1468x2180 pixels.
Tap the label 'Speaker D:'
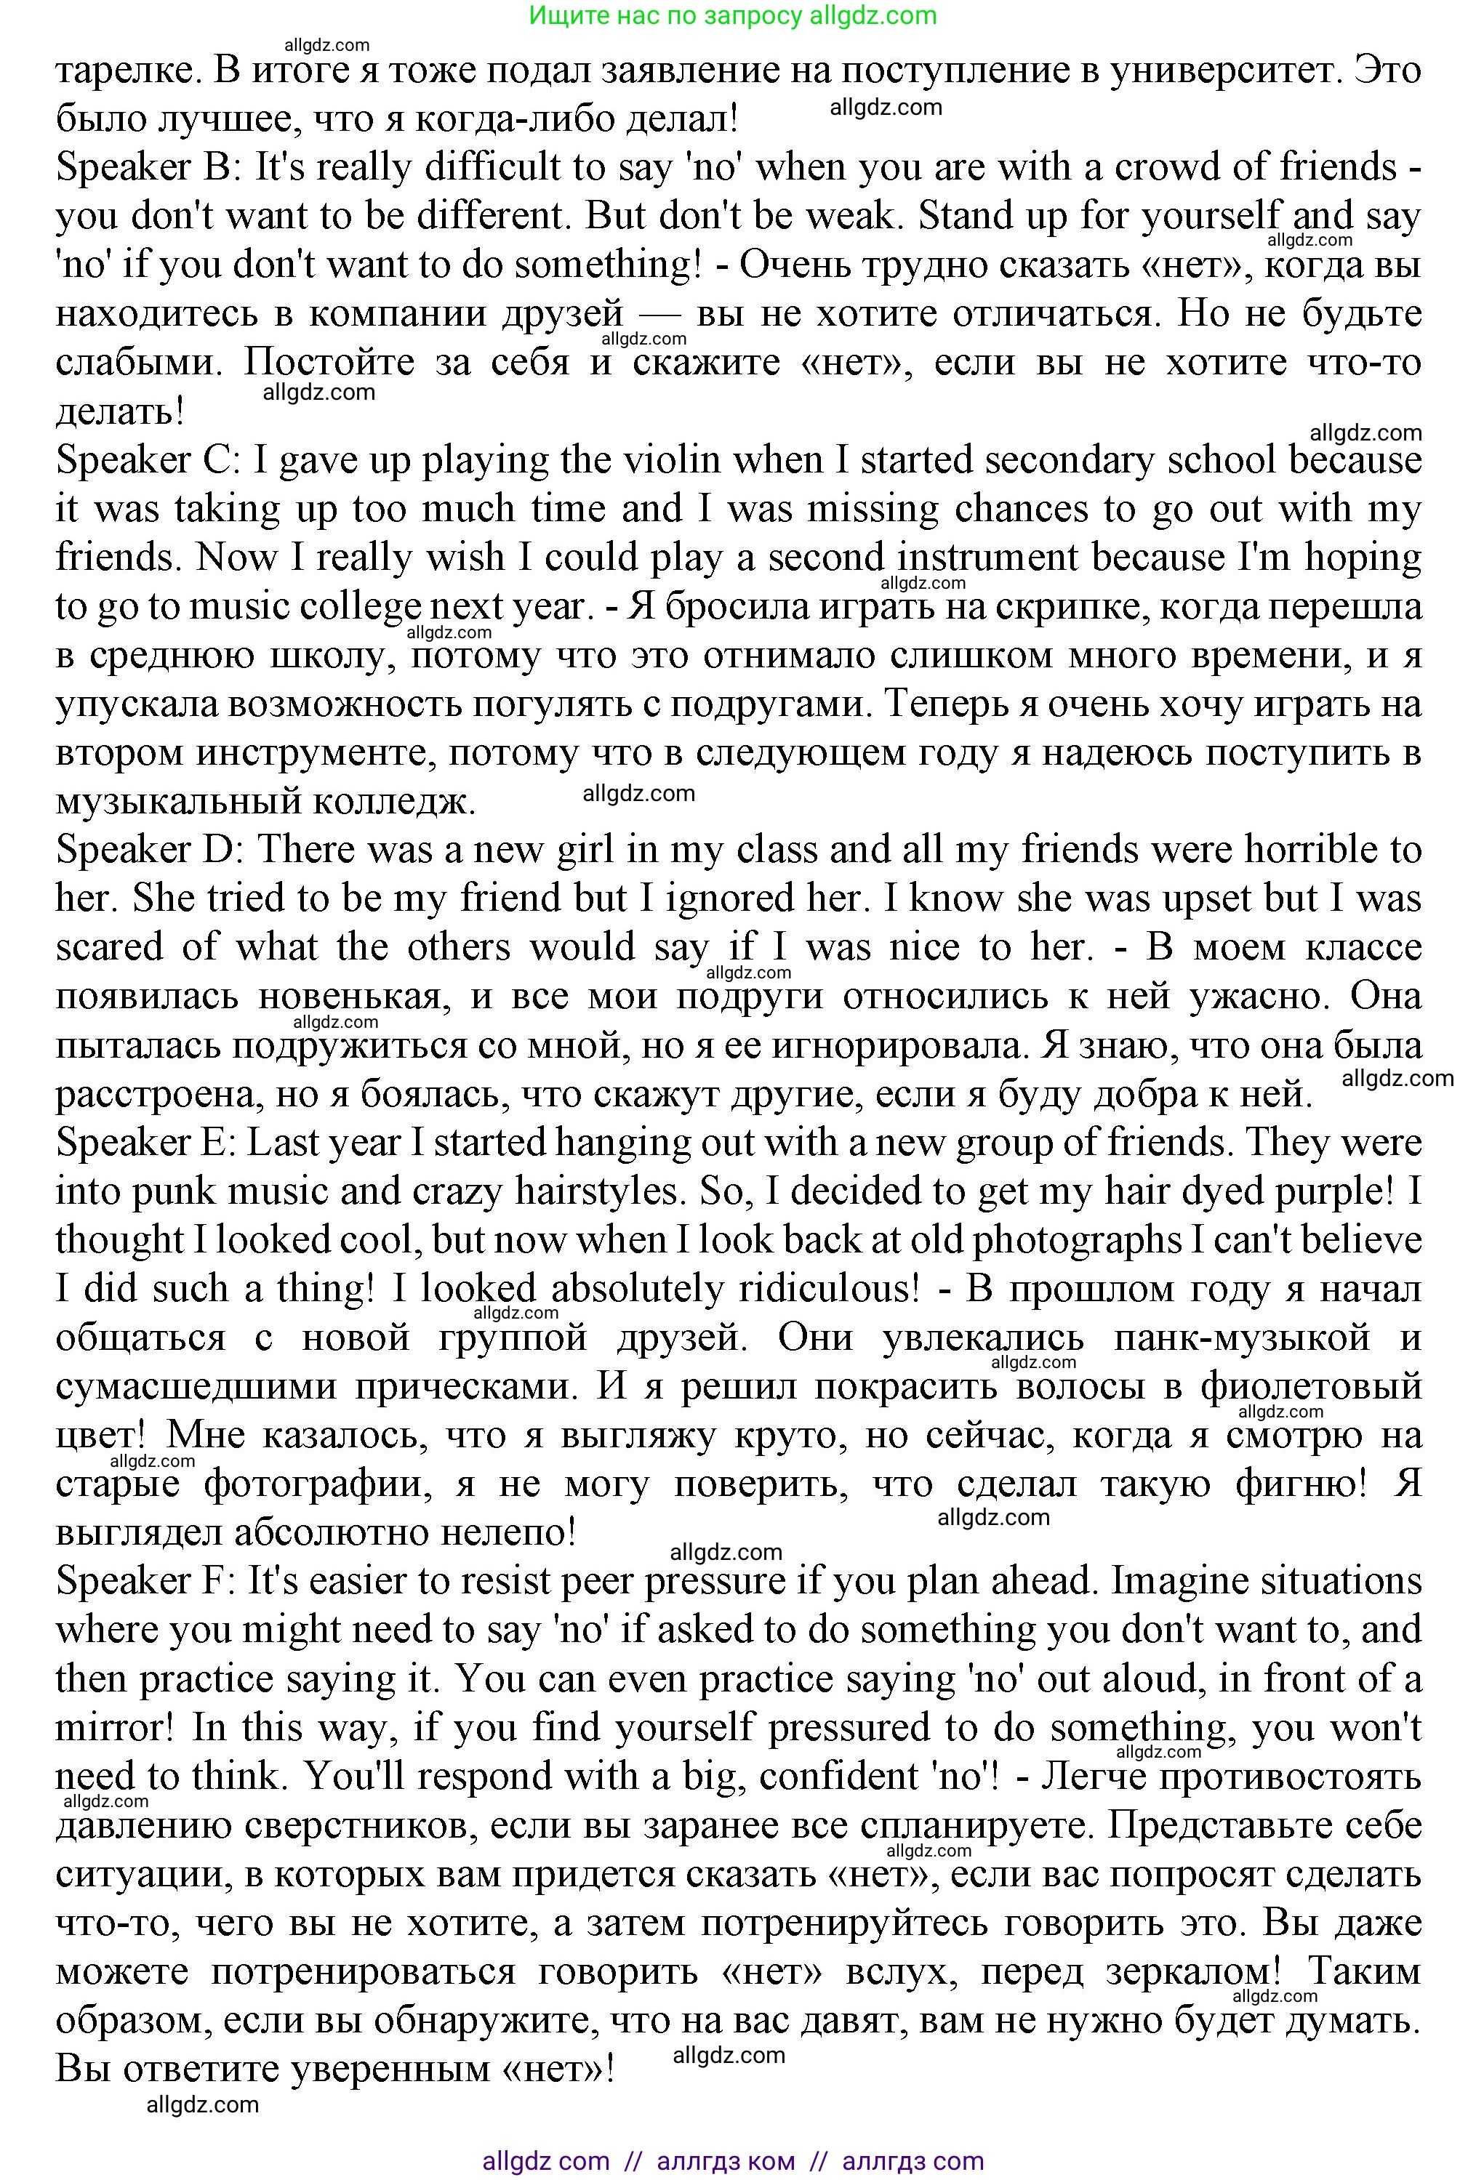point(150,850)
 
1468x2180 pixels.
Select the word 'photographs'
point(1077,1241)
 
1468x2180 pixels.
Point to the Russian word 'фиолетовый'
point(1312,1387)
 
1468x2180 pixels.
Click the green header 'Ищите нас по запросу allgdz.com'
point(733,16)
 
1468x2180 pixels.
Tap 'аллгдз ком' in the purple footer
point(726,2161)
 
